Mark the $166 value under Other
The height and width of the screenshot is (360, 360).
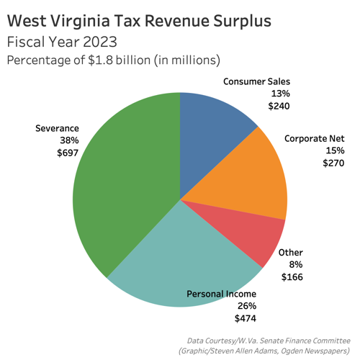[292, 276]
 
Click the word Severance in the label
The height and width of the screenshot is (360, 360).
[57, 129]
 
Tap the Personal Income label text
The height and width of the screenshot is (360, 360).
[221, 293]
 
